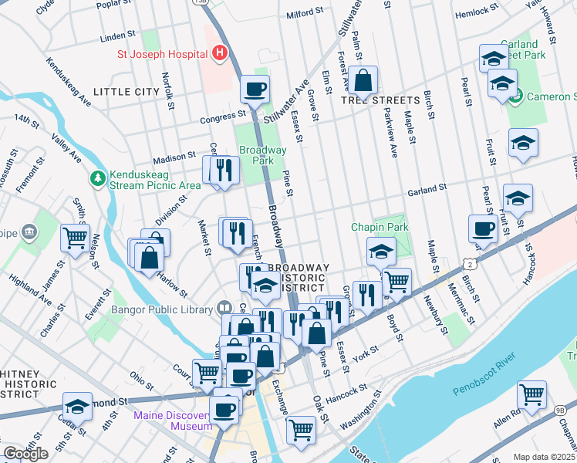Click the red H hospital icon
coord(220,53)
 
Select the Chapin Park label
coord(379,227)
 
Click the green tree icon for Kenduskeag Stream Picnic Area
coord(98,179)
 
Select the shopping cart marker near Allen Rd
coord(531,394)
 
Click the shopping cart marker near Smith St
coord(75,237)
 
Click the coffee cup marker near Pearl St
coord(483,228)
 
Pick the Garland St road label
coord(427,188)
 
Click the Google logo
coord(25,454)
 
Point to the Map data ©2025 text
coord(545,457)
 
